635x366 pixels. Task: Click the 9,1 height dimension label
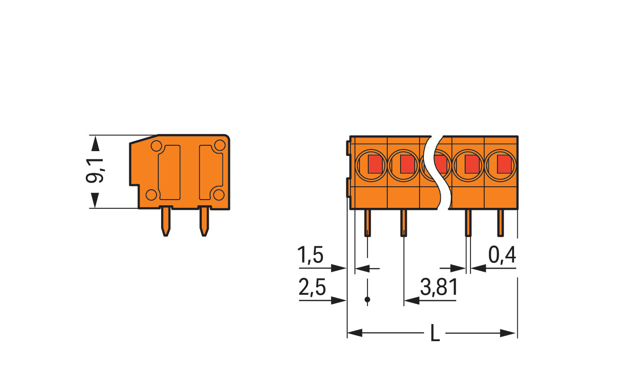(x=95, y=171)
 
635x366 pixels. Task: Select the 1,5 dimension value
(x=310, y=255)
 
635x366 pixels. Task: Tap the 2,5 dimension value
(x=312, y=287)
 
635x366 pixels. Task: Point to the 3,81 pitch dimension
(x=439, y=287)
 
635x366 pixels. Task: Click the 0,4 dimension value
(x=502, y=255)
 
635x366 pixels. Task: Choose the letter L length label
(x=435, y=333)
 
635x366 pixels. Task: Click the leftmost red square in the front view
(x=375, y=164)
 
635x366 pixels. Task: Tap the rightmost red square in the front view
(x=504, y=164)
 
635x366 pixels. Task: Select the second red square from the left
(x=408, y=164)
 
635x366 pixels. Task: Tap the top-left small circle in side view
(x=156, y=146)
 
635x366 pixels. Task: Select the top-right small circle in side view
(x=220, y=145)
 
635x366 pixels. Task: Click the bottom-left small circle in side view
(x=152, y=195)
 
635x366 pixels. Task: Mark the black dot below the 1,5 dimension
(x=367, y=299)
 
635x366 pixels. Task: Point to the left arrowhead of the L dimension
(x=355, y=333)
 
